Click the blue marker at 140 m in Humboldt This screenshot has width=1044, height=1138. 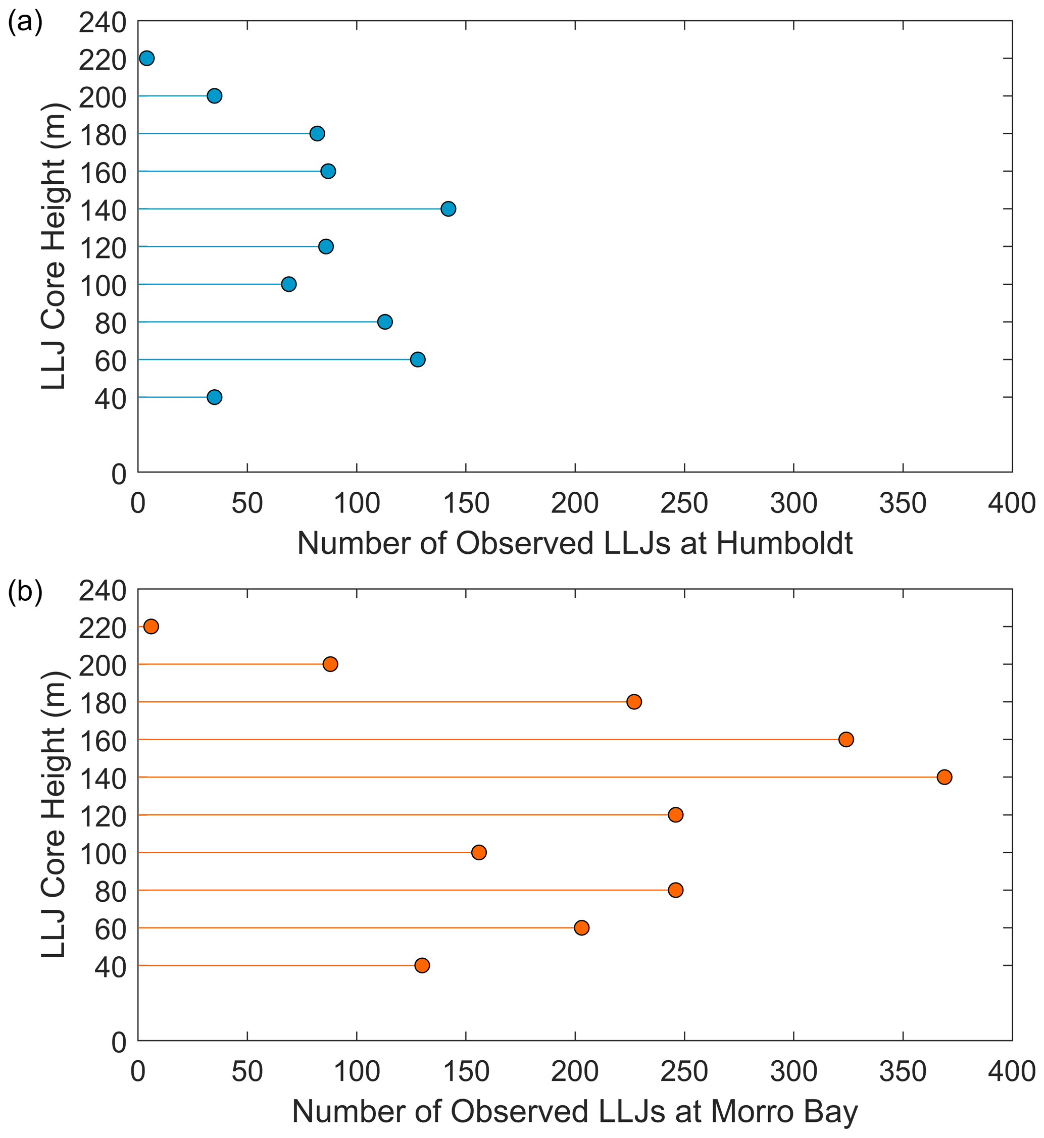click(x=448, y=209)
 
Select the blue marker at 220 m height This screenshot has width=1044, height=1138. click(x=147, y=58)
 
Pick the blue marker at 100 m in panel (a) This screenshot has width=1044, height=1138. click(x=289, y=284)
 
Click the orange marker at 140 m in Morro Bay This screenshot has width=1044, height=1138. click(x=944, y=777)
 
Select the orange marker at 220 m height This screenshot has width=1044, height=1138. click(x=152, y=627)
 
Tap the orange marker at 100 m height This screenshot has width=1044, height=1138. click(x=479, y=852)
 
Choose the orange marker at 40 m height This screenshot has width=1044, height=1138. click(x=422, y=965)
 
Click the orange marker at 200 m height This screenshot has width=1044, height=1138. click(x=330, y=664)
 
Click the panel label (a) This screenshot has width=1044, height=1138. click(x=25, y=24)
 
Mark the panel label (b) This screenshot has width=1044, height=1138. click(x=25, y=592)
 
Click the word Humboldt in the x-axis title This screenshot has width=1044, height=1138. click(x=785, y=544)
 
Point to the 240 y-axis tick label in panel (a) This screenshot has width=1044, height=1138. click(x=102, y=24)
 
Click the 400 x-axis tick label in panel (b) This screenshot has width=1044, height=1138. click(x=1011, y=1071)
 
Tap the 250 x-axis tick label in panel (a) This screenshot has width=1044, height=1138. click(x=684, y=503)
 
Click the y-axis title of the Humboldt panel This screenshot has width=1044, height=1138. click(x=54, y=247)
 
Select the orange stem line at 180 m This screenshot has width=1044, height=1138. click(x=384, y=702)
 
